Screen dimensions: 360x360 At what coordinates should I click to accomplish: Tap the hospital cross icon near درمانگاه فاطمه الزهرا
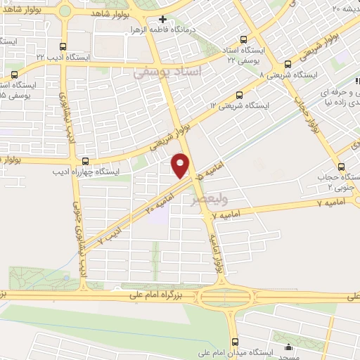162,20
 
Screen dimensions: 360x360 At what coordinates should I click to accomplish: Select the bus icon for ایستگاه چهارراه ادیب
86,161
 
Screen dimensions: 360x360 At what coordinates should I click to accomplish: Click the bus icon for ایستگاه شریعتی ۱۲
240,95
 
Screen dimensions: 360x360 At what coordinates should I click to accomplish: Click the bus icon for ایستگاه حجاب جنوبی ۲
341,167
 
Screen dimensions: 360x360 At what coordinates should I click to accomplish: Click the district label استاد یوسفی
169,72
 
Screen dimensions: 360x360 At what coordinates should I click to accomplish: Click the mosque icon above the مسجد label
288,346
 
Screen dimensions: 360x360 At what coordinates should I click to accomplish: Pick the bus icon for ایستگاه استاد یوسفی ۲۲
243,40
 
